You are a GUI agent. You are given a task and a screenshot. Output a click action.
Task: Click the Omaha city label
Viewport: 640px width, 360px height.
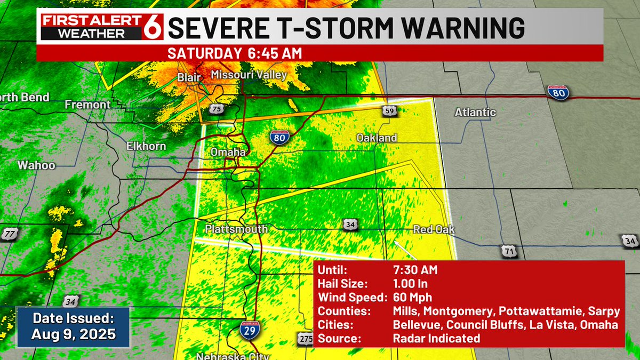(x=228, y=153)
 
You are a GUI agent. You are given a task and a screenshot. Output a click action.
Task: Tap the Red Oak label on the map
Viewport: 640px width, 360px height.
(x=434, y=230)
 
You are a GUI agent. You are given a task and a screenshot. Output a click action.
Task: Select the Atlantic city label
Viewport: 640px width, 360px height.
(x=475, y=113)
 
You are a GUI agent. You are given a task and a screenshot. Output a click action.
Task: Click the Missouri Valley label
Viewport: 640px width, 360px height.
(x=249, y=75)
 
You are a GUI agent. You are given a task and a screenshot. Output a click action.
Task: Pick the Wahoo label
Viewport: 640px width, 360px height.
(x=36, y=165)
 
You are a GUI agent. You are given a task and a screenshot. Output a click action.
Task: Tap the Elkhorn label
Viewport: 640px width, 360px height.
(x=146, y=146)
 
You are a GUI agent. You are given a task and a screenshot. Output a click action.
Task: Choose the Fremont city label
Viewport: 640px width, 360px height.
(x=87, y=105)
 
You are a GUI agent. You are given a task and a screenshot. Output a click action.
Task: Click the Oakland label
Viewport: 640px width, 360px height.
(x=377, y=138)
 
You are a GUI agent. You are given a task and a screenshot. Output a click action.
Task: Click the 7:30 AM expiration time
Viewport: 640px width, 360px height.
(x=415, y=270)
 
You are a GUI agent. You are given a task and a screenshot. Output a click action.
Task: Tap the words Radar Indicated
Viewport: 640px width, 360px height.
(x=436, y=338)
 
